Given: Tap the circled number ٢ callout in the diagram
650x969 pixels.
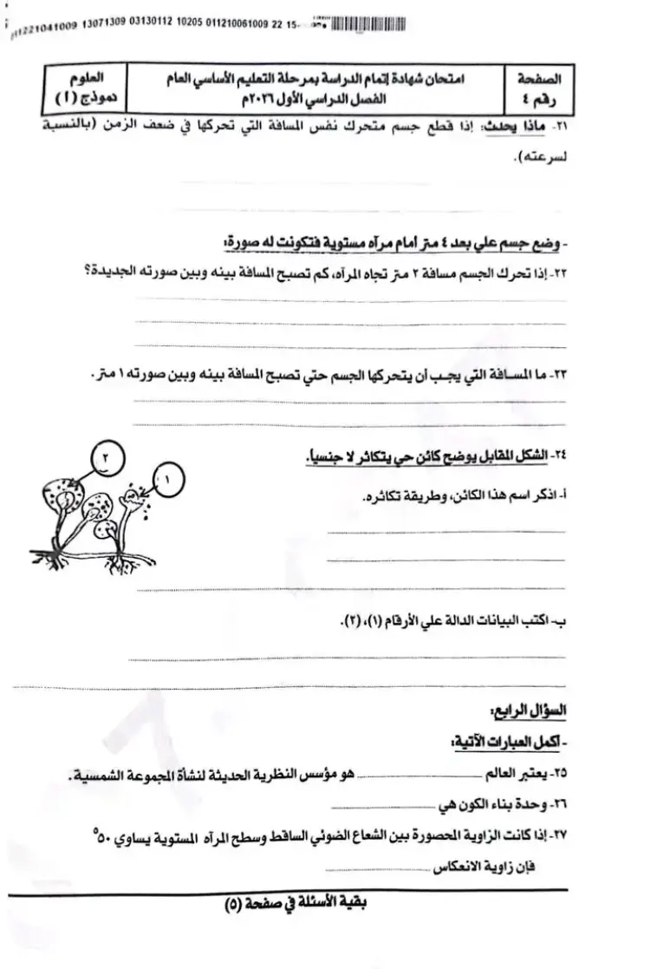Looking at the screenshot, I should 105,455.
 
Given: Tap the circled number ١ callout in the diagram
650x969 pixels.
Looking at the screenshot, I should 168,475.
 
